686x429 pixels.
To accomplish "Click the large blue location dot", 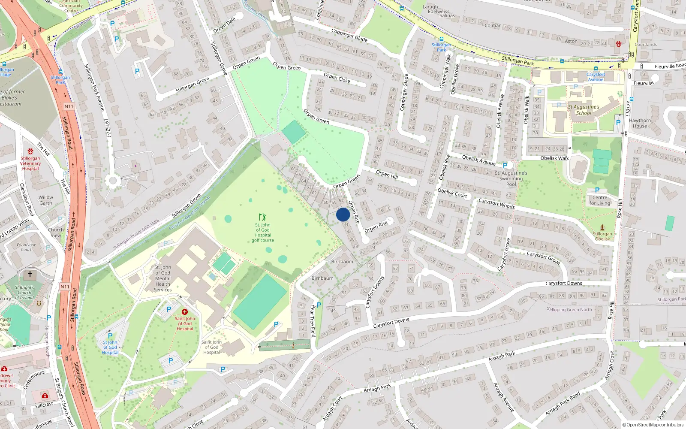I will (343, 214).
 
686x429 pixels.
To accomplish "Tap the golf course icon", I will (262, 217).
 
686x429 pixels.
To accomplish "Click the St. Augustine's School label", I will (584, 110).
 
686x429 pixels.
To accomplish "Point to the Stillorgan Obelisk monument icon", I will (602, 227).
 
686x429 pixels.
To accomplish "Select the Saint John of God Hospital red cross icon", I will (185, 312).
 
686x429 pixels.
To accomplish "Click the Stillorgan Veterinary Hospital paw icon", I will (30, 151).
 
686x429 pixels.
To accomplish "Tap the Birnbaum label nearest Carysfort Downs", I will (322, 278).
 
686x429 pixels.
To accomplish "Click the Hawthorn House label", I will (640, 123).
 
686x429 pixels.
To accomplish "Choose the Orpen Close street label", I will (337, 78).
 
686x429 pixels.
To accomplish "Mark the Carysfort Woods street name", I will (496, 204).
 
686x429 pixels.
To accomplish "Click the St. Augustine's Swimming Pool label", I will (511, 178).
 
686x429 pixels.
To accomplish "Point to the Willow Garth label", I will (46, 200).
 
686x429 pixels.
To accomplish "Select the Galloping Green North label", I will (569, 309).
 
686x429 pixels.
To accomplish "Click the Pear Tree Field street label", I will (313, 321).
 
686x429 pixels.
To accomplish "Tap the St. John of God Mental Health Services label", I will (163, 278).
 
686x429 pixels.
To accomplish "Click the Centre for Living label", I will (599, 200).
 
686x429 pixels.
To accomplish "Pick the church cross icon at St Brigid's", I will (30, 274).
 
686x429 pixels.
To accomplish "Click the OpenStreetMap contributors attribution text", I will (653, 425).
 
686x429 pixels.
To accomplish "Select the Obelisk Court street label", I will (452, 193).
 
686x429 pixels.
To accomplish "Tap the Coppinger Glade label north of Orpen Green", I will (349, 35).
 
